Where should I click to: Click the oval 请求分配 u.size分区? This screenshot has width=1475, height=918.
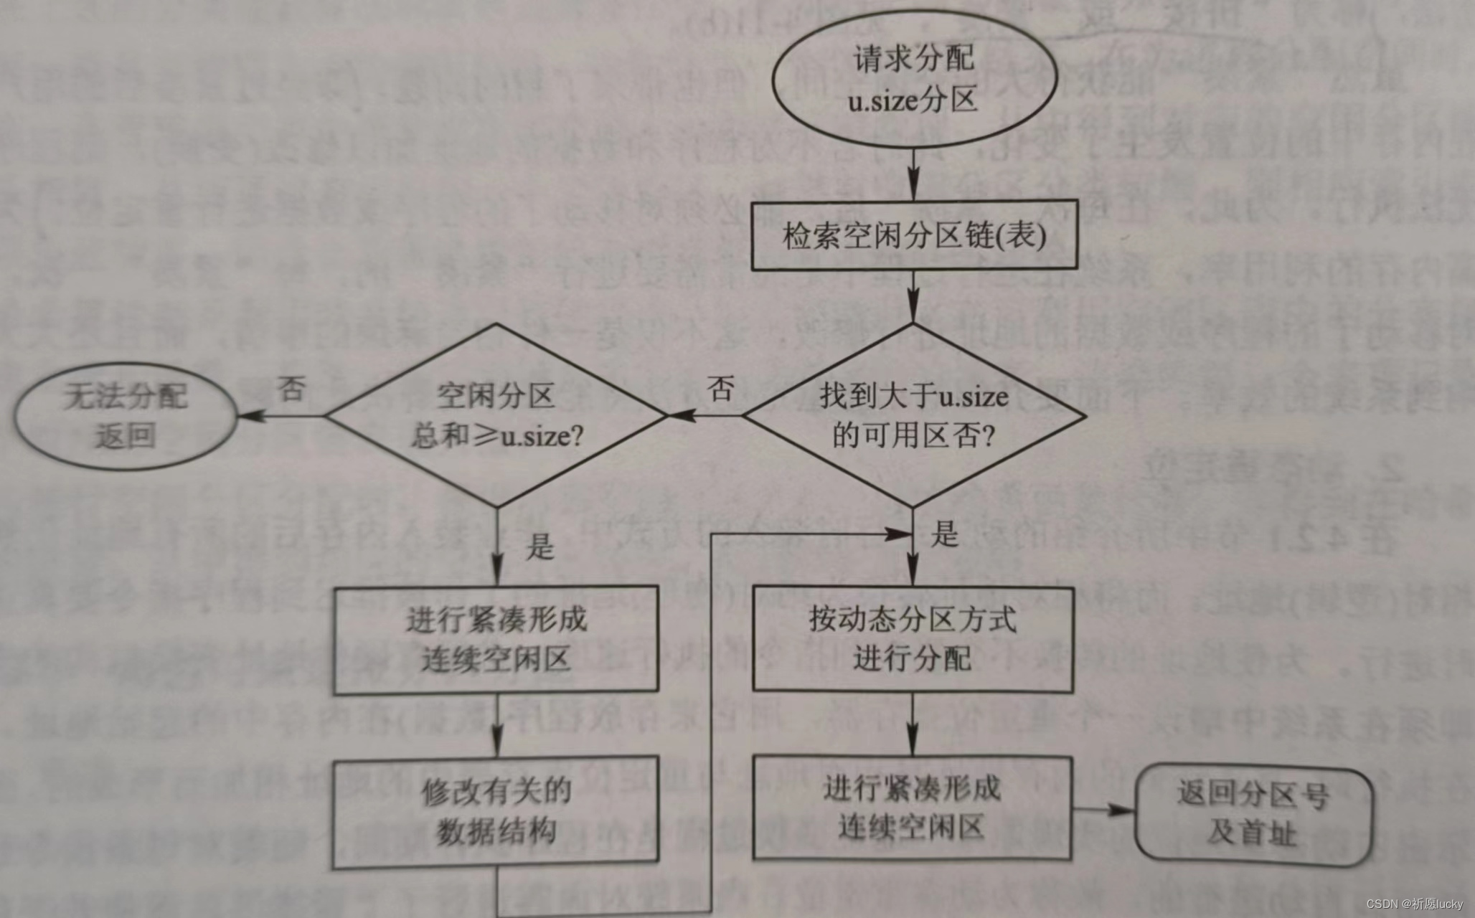(x=913, y=79)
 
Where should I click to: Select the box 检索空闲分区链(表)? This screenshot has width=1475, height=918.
(x=913, y=235)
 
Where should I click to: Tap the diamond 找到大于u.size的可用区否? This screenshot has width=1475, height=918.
(x=913, y=415)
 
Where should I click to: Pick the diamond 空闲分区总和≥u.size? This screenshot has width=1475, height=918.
(x=496, y=415)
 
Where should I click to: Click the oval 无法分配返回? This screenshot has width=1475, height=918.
(x=126, y=415)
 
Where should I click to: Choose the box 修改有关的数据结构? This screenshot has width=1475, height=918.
(x=496, y=811)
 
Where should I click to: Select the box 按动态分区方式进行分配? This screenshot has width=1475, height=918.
(x=913, y=639)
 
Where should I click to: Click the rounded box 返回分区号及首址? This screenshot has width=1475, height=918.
(x=1253, y=813)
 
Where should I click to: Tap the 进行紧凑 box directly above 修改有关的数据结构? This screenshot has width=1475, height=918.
(x=496, y=640)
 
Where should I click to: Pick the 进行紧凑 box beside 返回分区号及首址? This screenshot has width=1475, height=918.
(x=912, y=808)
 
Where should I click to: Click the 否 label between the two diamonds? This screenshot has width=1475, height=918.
(x=720, y=389)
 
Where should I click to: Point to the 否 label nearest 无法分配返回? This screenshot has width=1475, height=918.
(x=291, y=389)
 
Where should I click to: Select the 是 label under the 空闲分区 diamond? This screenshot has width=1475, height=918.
(x=539, y=546)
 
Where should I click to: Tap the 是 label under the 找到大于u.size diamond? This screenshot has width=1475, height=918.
(x=944, y=534)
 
